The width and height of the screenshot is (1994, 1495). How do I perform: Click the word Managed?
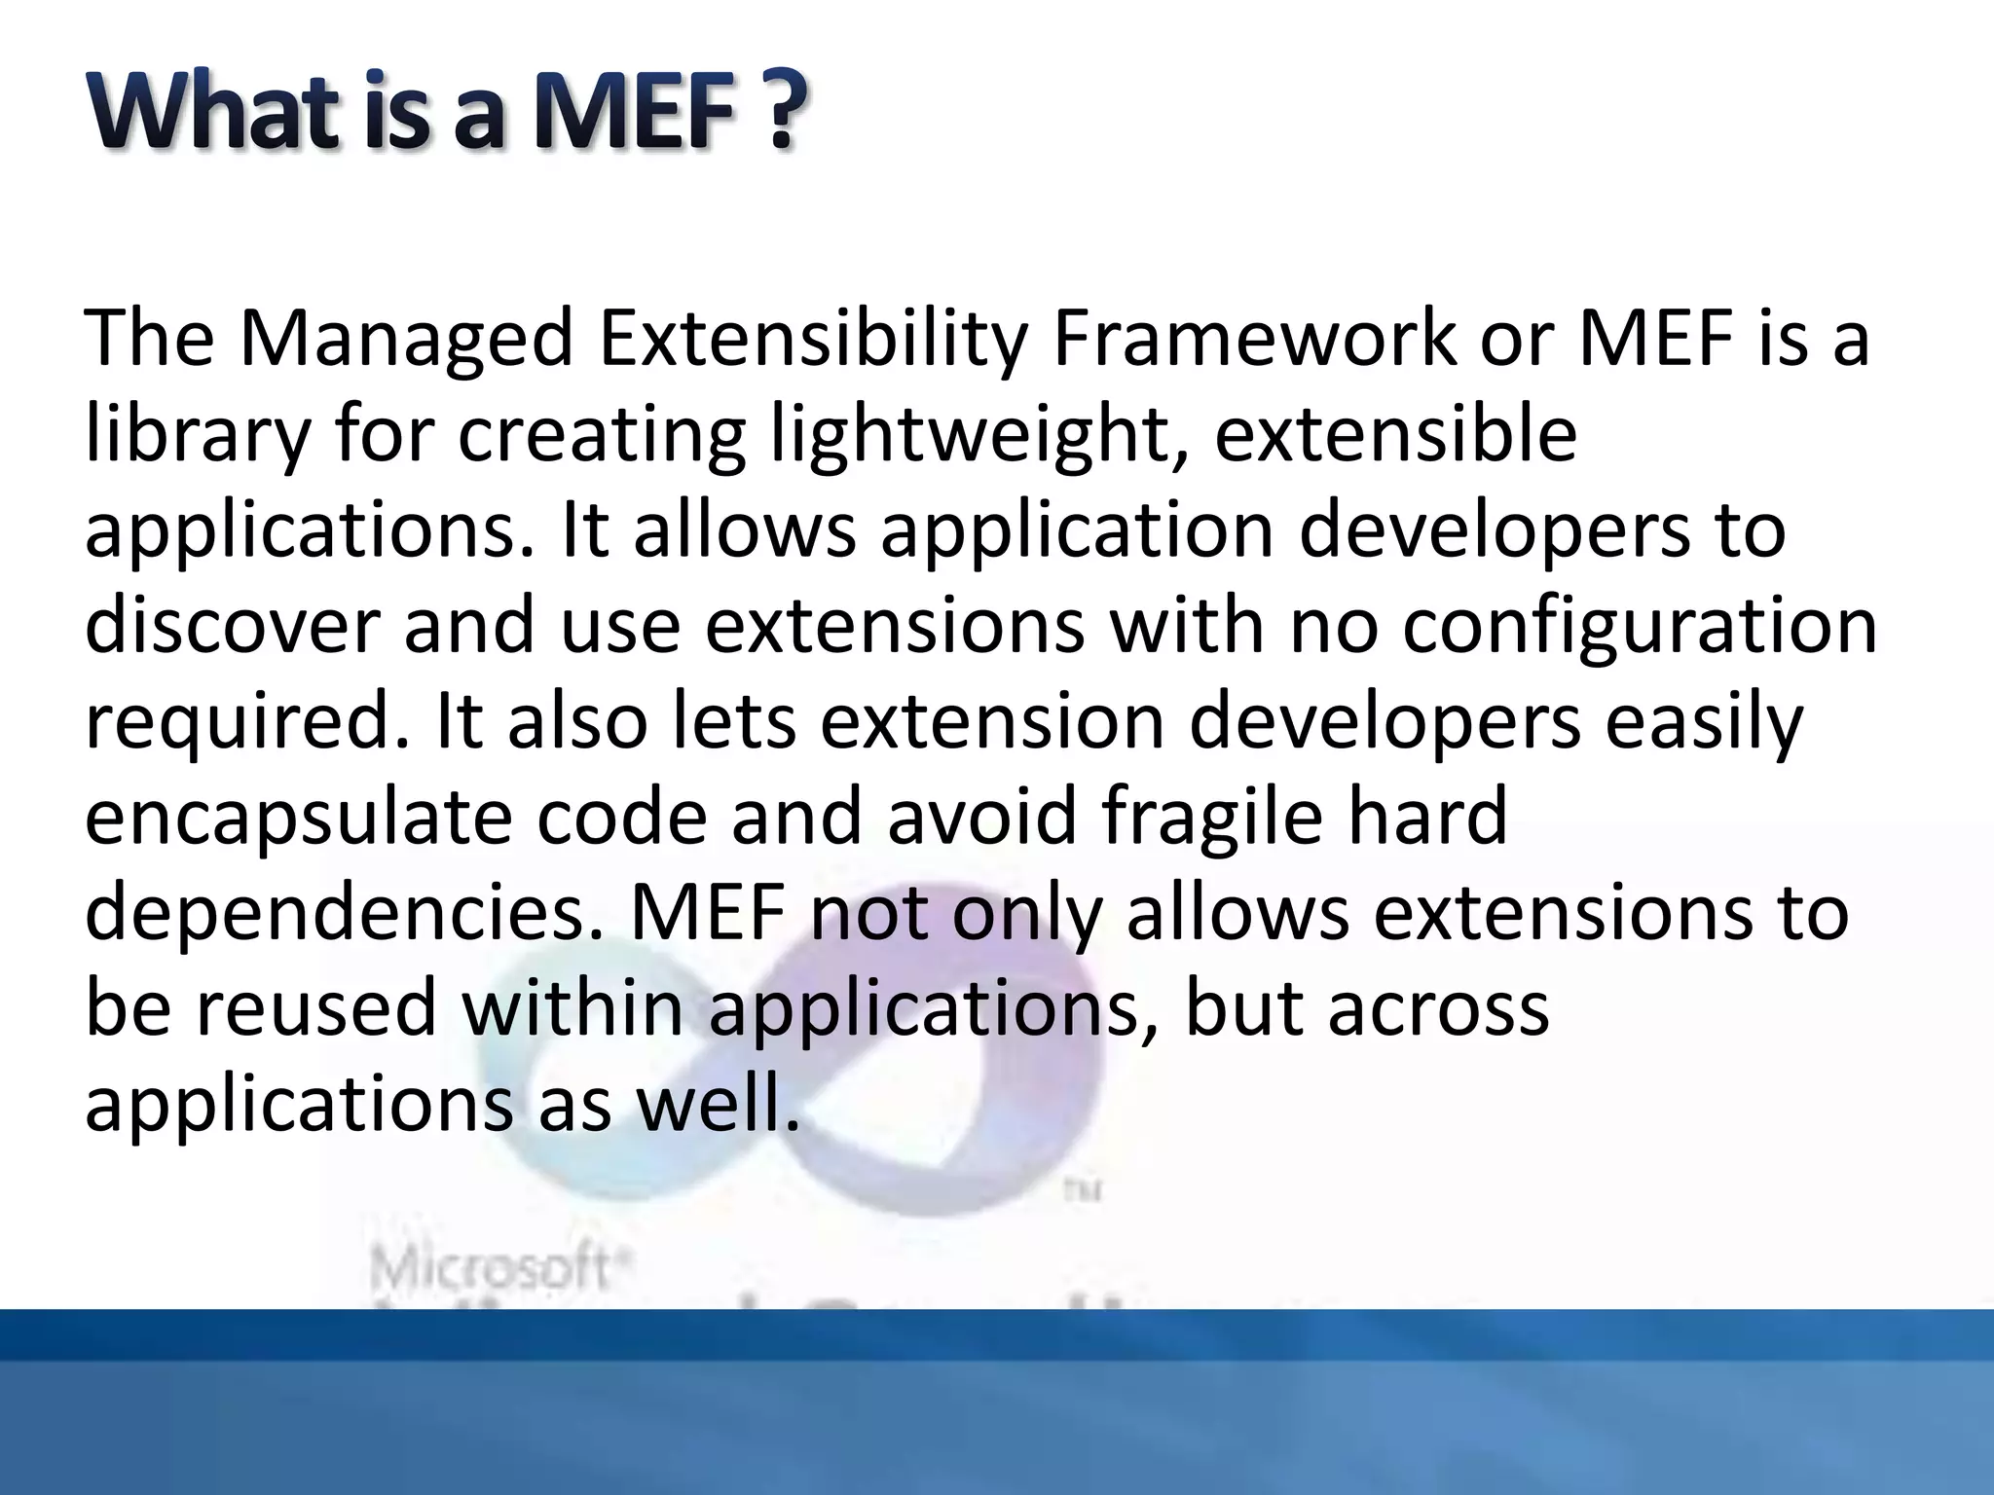coord(406,339)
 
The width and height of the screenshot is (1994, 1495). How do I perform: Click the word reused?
coord(316,1008)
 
